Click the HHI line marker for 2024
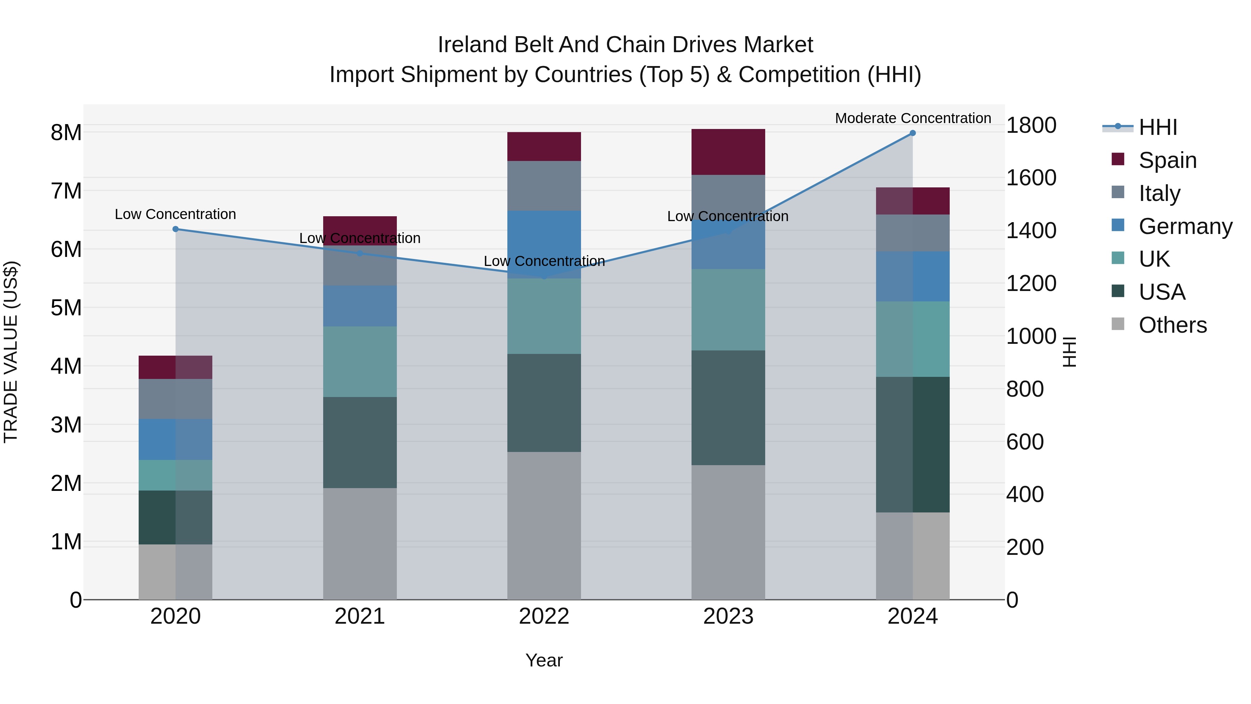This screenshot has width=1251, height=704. [x=913, y=133]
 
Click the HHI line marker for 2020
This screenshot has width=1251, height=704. [x=175, y=229]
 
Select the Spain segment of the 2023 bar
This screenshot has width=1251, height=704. [x=728, y=152]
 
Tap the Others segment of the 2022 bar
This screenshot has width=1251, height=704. [x=544, y=526]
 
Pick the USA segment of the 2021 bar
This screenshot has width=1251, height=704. [x=360, y=443]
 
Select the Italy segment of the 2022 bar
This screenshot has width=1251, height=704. [x=544, y=186]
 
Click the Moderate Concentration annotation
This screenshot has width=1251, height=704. [x=913, y=118]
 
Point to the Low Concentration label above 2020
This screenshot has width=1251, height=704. [x=175, y=214]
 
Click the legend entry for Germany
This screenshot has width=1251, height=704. [x=1185, y=226]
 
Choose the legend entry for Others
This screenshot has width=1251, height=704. [x=1172, y=325]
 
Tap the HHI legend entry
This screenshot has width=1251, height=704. [x=1158, y=127]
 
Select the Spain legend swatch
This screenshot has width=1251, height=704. [x=1118, y=159]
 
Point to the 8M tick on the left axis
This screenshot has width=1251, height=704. [x=66, y=133]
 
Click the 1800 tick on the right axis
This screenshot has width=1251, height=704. [x=1031, y=126]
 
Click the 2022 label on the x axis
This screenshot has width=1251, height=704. [x=544, y=616]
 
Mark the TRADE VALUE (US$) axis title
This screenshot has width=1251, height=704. [x=11, y=352]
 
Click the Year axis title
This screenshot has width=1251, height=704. [x=544, y=660]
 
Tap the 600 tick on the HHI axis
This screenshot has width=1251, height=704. [x=1025, y=442]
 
